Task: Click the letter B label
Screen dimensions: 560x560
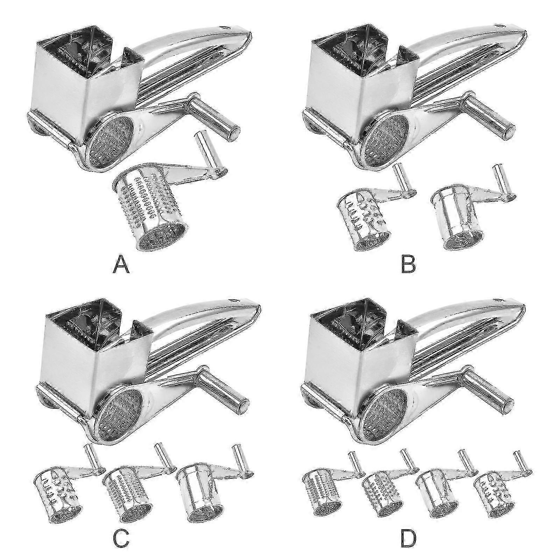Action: click(408, 265)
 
